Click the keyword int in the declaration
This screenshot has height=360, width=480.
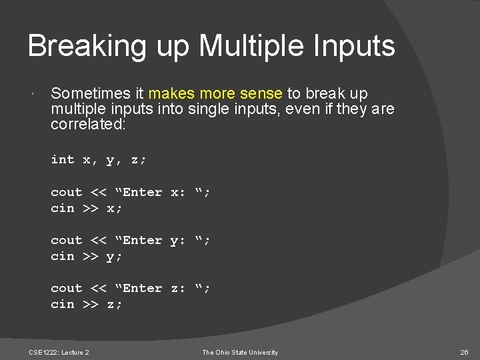pyautogui.click(x=63, y=159)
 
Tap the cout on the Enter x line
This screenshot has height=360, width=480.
pyautogui.click(x=67, y=192)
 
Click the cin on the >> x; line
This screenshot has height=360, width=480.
pyautogui.click(x=63, y=208)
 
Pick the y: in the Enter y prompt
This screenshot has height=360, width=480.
pyautogui.click(x=177, y=240)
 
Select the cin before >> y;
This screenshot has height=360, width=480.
pyautogui.click(x=63, y=256)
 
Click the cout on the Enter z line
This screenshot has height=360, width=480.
pyautogui.click(x=67, y=288)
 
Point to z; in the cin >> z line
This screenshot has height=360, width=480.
pyautogui.click(x=114, y=304)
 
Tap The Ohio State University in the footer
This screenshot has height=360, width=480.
pyautogui.click(x=241, y=352)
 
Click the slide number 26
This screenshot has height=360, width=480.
pyautogui.click(x=465, y=352)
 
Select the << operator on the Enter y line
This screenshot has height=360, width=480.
pyautogui.click(x=98, y=240)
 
